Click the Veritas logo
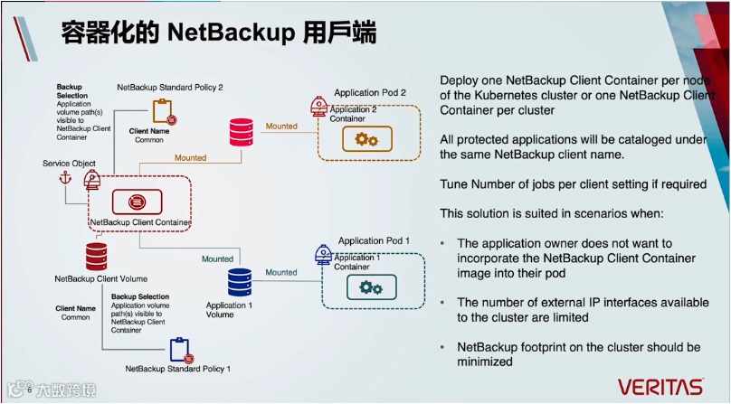coord(660,386)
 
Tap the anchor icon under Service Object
coord(63,178)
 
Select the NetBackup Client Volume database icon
coord(97,256)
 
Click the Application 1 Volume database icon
coord(240,282)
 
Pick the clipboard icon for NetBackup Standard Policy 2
coord(163,111)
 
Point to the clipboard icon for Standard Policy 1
coord(180,348)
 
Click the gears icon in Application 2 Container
coord(366,139)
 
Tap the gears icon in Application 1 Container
coord(370,287)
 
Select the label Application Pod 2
coord(370,93)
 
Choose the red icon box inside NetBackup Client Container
coord(137,201)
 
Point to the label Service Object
coord(70,163)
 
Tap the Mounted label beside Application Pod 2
coord(281,126)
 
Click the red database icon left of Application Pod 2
coord(241,131)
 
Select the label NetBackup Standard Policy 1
coord(178,369)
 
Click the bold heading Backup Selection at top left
coord(72,91)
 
